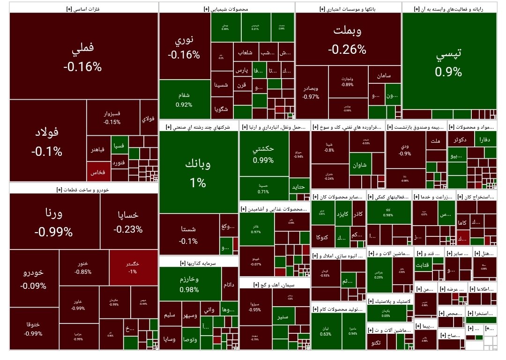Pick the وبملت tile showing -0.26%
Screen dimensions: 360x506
(x=348, y=39)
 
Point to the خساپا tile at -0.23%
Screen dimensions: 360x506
(x=128, y=221)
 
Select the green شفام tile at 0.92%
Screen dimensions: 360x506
(x=184, y=99)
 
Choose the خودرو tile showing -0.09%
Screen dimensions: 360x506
(x=33, y=279)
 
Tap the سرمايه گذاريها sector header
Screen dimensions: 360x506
(x=198, y=264)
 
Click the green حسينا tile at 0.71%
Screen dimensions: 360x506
(x=263, y=188)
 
